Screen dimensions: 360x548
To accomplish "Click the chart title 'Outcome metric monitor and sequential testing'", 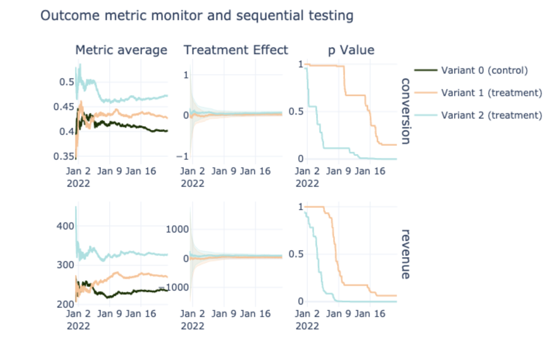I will click(x=197, y=16).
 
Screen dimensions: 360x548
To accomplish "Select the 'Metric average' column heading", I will click(x=121, y=50).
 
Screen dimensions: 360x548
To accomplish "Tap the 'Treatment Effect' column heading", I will click(x=236, y=50).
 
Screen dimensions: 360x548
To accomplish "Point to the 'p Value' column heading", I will click(x=351, y=50).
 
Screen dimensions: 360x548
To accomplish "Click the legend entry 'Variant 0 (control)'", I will click(x=484, y=71).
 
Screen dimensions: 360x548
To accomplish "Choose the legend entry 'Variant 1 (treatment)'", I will click(x=491, y=93).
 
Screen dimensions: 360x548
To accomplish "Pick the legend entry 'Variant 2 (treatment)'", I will click(x=491, y=115).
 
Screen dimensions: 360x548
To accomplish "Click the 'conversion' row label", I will click(x=405, y=111).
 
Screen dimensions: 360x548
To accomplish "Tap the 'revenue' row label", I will click(x=405, y=254).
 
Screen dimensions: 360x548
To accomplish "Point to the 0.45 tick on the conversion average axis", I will click(x=64, y=107).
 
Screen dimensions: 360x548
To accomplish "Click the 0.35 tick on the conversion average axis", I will click(x=64, y=157).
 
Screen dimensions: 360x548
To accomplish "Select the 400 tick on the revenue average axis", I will click(x=65, y=226).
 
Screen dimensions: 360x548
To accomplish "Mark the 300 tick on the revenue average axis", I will click(x=65, y=265).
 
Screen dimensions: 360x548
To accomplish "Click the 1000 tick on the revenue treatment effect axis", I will click(x=177, y=229).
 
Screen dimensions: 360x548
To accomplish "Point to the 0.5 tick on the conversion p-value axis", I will click(x=296, y=112).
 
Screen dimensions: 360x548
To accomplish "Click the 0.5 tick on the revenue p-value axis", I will click(x=296, y=254).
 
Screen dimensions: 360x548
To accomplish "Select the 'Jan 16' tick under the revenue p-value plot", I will click(x=370, y=313).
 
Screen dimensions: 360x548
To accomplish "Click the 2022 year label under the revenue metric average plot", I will click(x=78, y=326).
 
